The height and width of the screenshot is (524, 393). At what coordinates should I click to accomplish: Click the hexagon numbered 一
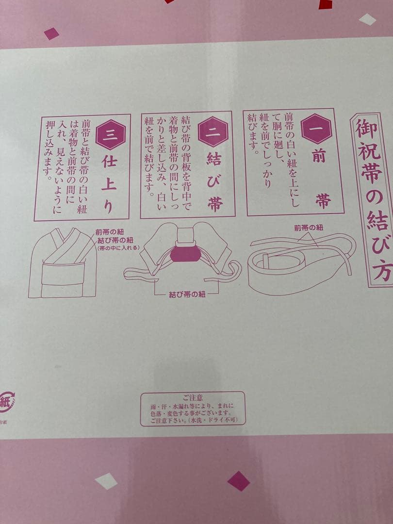point(316,128)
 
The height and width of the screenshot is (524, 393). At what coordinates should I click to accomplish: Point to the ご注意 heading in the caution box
point(193,397)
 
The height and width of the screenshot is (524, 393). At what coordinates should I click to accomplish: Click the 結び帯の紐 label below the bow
point(187,295)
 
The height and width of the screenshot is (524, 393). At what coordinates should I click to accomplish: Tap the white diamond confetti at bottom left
point(106,481)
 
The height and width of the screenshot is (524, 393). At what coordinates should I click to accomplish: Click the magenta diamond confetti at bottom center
point(239,480)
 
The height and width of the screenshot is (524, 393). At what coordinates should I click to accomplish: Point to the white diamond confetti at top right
point(367,19)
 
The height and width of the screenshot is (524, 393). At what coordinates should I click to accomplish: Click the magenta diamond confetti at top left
point(51,33)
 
